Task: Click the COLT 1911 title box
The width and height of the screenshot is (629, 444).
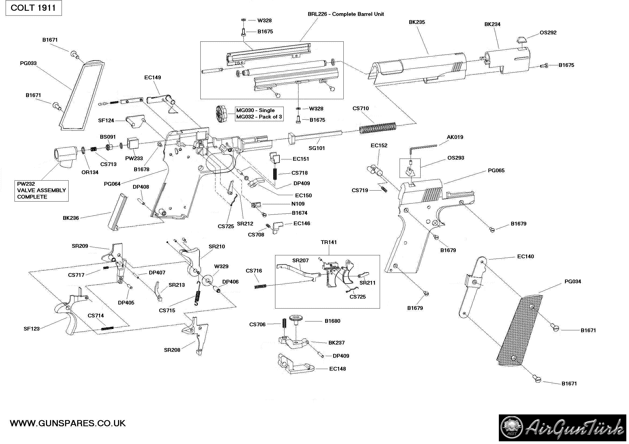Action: click(x=33, y=8)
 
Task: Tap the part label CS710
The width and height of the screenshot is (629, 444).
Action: click(x=361, y=108)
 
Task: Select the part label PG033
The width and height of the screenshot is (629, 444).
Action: click(x=28, y=63)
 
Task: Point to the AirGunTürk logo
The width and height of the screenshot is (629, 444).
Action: click(x=563, y=428)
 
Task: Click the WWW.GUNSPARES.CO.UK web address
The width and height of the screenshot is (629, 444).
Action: click(x=68, y=423)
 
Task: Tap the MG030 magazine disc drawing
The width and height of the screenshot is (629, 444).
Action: click(x=222, y=113)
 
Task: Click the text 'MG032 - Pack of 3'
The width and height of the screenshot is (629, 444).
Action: click(x=259, y=117)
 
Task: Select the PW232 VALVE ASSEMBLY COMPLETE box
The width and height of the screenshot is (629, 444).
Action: click(x=41, y=191)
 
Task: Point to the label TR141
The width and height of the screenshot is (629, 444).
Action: click(x=328, y=242)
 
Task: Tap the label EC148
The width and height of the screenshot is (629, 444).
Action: click(x=337, y=369)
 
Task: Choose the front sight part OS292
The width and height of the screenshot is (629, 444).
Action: click(x=521, y=40)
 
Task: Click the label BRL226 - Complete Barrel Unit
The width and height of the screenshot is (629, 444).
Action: click(x=346, y=14)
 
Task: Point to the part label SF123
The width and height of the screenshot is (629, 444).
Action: click(x=31, y=329)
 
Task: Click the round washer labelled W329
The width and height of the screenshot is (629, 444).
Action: click(x=208, y=280)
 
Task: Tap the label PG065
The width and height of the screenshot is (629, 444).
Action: click(x=496, y=171)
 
